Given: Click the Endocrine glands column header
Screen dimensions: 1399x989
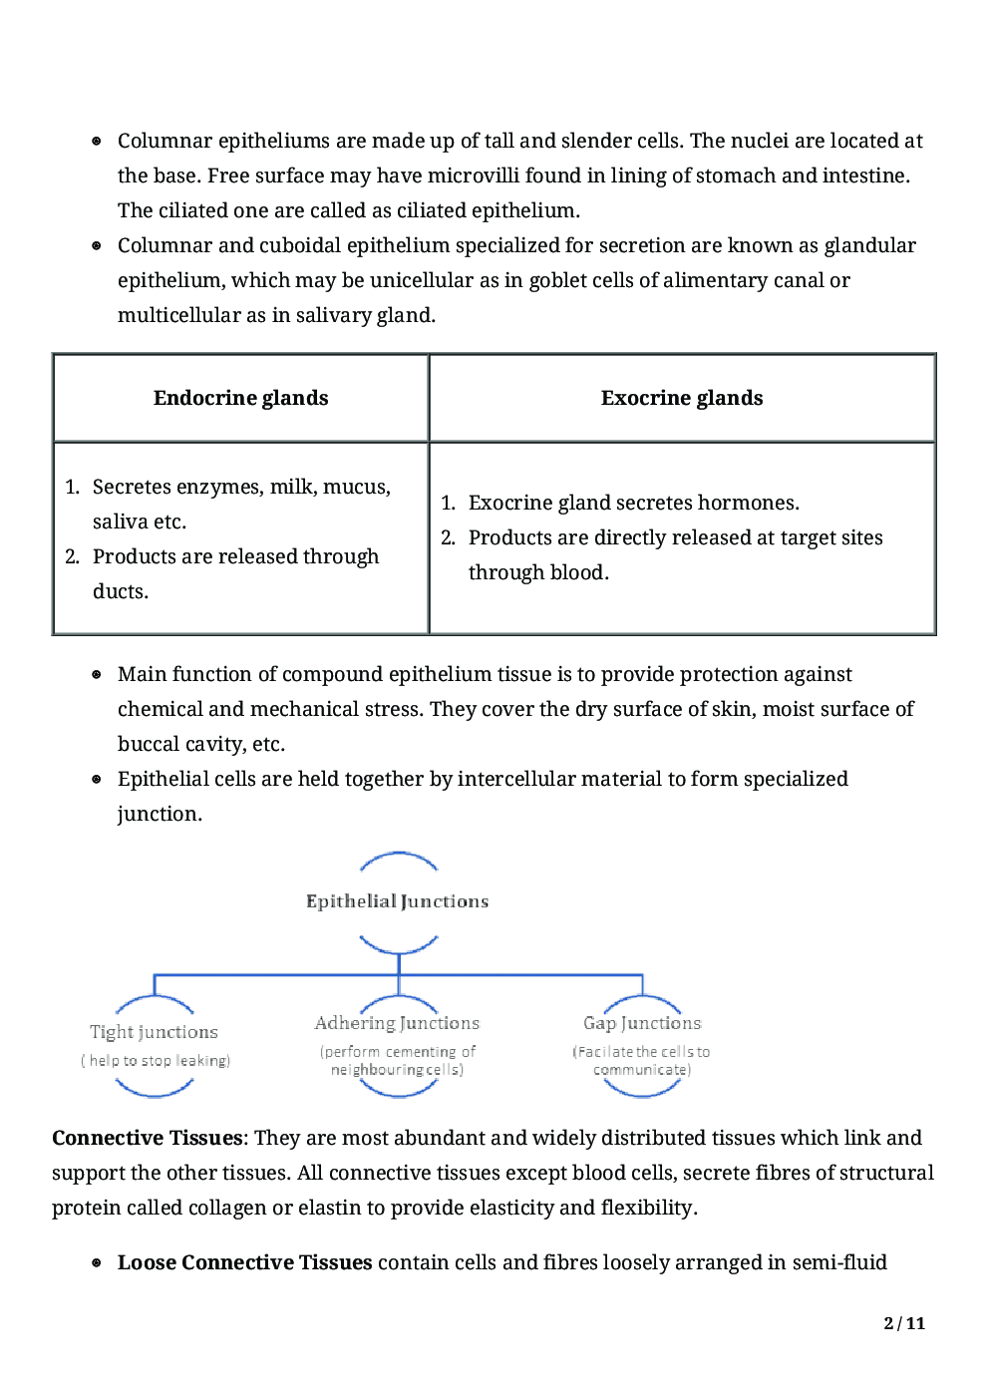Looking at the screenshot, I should coord(240,398).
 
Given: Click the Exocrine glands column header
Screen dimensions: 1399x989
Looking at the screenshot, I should coord(681,398).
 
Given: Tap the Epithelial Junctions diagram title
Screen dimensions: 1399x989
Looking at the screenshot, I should coord(397,901).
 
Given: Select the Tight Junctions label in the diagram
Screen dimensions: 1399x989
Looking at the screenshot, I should coord(154,1032).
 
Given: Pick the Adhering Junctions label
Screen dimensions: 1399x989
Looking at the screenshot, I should coord(397,1023).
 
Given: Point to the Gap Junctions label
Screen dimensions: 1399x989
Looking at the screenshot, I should coord(642,1023).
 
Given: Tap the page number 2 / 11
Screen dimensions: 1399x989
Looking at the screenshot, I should coord(904,1323).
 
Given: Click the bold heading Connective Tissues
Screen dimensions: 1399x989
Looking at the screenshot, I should coord(147,1138).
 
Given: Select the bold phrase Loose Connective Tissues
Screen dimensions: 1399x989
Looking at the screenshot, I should coord(244,1262).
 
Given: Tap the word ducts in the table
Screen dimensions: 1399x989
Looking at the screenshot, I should coord(120,591).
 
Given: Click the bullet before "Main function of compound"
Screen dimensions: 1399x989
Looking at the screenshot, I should coord(97,675).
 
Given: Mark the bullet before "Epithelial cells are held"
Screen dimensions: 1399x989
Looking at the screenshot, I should coord(97,780).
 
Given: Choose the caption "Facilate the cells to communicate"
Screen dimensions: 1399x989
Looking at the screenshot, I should coord(641,1061).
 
